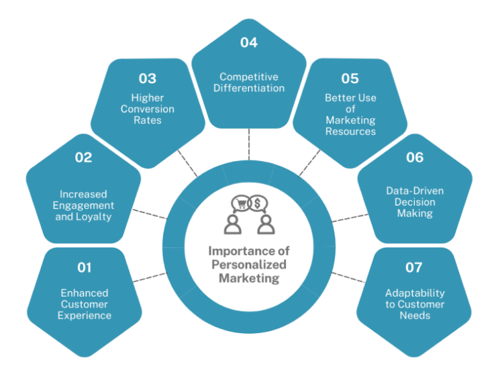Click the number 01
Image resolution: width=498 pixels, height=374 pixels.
point(84,268)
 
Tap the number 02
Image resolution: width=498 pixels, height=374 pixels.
point(84,157)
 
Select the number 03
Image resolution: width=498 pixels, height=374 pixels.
point(147,78)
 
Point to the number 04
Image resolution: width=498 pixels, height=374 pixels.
point(248,42)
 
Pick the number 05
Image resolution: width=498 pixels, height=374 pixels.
point(350,78)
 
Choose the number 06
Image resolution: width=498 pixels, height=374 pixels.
point(414,157)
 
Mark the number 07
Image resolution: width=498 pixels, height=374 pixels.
point(413,268)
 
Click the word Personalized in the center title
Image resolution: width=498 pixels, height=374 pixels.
point(249,265)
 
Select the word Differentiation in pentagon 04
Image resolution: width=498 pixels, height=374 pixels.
point(249,88)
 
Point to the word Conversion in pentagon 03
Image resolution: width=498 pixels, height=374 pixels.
point(147,109)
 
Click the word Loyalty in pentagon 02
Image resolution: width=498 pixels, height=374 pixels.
point(94,217)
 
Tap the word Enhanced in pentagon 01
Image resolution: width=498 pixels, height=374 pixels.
point(84,293)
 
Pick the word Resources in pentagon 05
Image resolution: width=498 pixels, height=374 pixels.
point(351,131)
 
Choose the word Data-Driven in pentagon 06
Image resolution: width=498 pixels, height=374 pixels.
point(415,190)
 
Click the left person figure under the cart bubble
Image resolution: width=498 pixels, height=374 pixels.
point(232,224)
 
